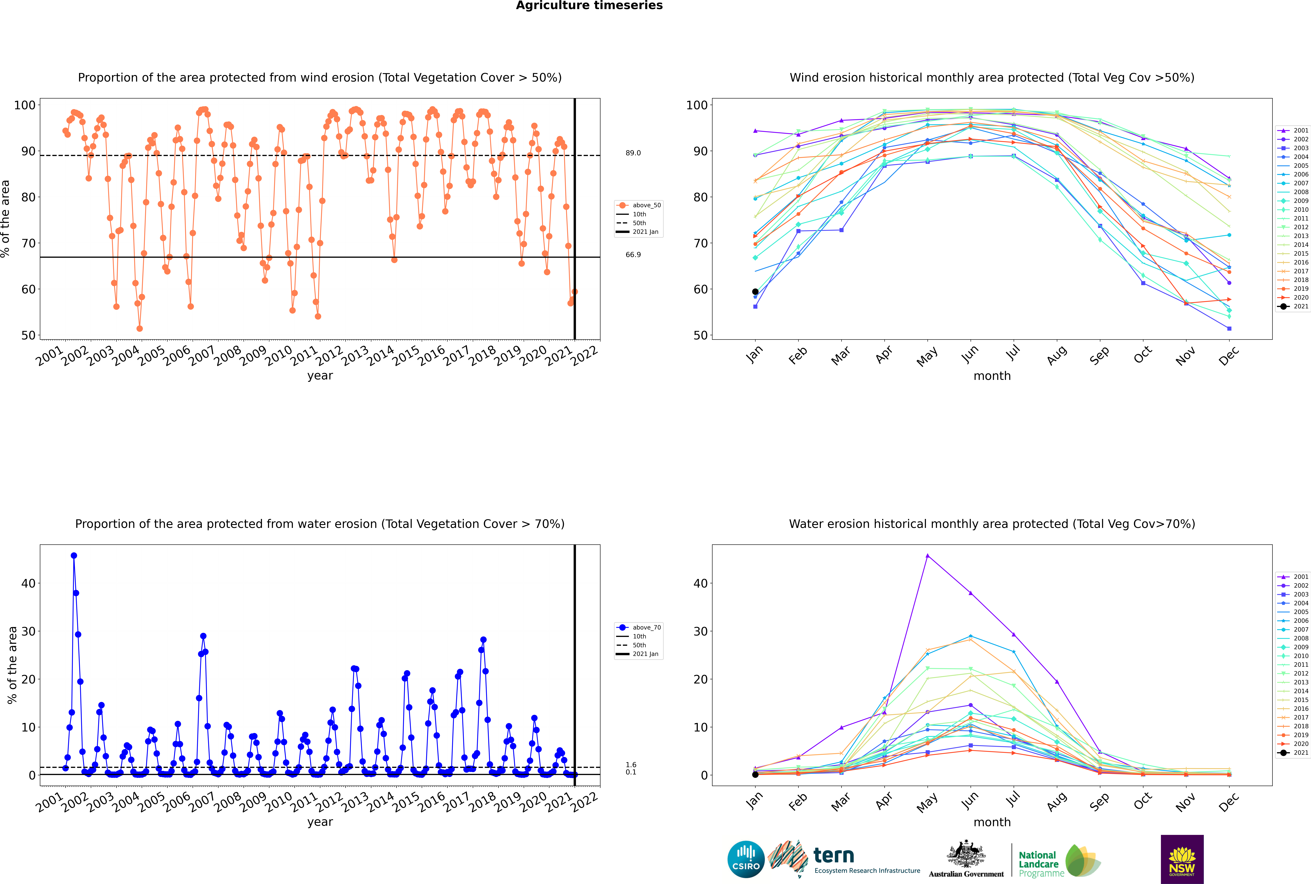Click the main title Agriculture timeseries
pyautogui.click(x=589, y=6)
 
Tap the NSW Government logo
pyautogui.click(x=1182, y=859)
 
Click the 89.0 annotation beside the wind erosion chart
pyautogui.click(x=633, y=153)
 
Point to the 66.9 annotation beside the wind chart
pyautogui.click(x=633, y=255)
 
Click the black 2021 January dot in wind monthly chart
pyautogui.click(x=755, y=292)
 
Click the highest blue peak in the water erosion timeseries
pyautogui.click(x=74, y=556)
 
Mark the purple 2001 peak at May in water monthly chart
pyautogui.click(x=928, y=556)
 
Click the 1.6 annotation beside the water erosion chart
pyautogui.click(x=631, y=765)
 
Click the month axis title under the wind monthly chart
pyautogui.click(x=992, y=376)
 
